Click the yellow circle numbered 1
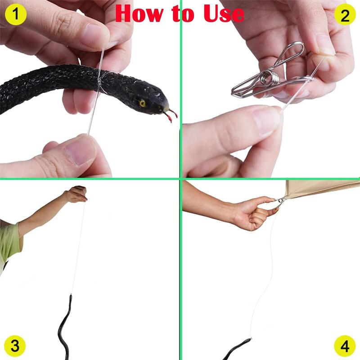coord(16,15)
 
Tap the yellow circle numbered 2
coord(345,15)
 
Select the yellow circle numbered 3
coord(15,346)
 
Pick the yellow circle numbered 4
coord(345,346)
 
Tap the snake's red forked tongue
coord(171,116)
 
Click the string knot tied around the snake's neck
coord(99,84)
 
